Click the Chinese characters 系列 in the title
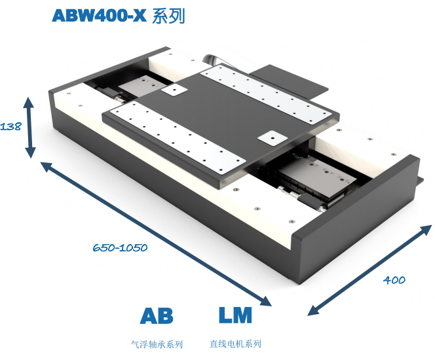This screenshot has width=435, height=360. (x=168, y=16)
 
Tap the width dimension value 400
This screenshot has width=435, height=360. (x=394, y=280)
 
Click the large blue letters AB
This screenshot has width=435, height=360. (x=157, y=316)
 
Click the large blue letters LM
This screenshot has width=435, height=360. (x=235, y=315)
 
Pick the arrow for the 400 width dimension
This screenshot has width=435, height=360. (x=369, y=270)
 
